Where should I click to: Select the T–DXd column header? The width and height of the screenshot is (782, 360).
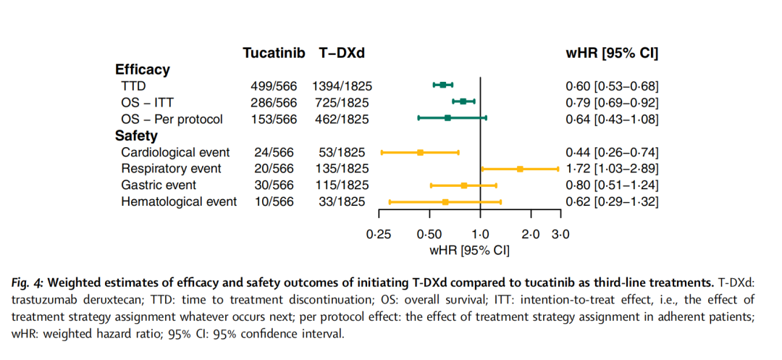click(341, 53)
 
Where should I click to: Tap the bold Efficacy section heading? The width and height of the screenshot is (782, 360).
click(143, 70)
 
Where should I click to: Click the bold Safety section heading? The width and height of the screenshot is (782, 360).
click(136, 135)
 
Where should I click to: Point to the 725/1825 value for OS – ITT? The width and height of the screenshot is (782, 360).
click(342, 102)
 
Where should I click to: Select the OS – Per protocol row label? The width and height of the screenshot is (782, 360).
click(172, 119)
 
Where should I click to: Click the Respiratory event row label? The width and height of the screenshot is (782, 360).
click(171, 169)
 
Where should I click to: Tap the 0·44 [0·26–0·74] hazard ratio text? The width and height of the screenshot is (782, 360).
click(612, 152)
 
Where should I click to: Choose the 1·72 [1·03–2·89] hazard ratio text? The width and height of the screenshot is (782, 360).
click(612, 169)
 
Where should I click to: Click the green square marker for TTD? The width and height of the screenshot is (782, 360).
click(442, 85)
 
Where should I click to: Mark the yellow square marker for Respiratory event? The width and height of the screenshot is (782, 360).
click(520, 169)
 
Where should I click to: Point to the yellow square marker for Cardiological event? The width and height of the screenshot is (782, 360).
click(420, 152)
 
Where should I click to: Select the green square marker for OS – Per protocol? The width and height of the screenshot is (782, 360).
click(447, 117)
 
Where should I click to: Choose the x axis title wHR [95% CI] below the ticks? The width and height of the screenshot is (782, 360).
click(469, 250)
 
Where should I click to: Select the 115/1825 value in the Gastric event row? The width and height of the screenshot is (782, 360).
click(342, 185)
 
